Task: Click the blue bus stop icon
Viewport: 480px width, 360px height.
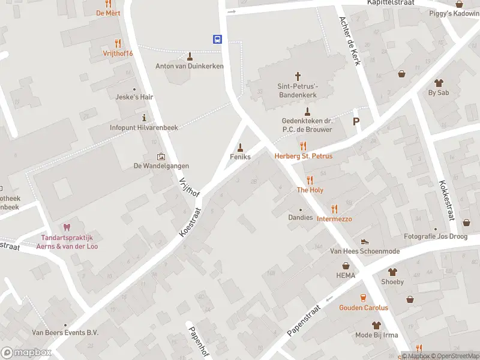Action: pyautogui.click(x=217, y=39)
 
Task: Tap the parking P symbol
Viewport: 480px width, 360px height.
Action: pyautogui.click(x=356, y=121)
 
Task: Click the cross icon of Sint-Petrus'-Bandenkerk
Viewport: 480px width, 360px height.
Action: pyautogui.click(x=298, y=76)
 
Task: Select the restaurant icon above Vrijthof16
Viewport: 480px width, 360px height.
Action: pyautogui.click(x=118, y=43)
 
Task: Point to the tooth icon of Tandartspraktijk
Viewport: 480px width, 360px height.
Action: pyautogui.click(x=67, y=227)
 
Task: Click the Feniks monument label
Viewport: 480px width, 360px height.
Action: pyautogui.click(x=240, y=156)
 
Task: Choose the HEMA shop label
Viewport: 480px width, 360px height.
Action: pyautogui.click(x=346, y=275)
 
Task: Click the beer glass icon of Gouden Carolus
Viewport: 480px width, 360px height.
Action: pyautogui.click(x=363, y=298)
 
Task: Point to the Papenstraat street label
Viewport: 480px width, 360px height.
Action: pyautogui.click(x=305, y=322)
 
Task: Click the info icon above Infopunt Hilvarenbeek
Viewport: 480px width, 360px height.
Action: pyautogui.click(x=144, y=117)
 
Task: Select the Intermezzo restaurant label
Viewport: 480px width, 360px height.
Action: pyautogui.click(x=334, y=219)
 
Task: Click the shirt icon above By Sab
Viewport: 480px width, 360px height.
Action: pyautogui.click(x=439, y=82)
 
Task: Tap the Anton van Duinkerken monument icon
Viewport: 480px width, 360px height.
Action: pyautogui.click(x=190, y=56)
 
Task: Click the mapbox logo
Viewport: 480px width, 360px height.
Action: pyautogui.click(x=26, y=353)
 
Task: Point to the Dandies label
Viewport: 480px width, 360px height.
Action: pyautogui.click(x=301, y=217)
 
